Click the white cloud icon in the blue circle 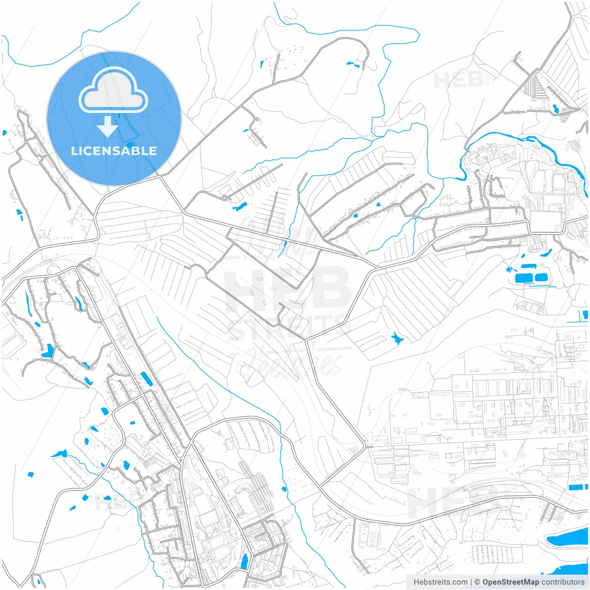point(113,91)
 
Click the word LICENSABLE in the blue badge point(114,151)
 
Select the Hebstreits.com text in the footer point(440,582)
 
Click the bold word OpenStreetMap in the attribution point(511,582)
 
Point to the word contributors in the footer point(563,582)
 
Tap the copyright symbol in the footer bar point(477,582)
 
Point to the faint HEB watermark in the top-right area point(459,80)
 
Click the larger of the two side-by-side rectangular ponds point(523,278)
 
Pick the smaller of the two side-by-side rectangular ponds point(541,277)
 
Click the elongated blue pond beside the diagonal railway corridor point(146,378)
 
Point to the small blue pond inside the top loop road point(353,64)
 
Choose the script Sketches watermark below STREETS point(290,364)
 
